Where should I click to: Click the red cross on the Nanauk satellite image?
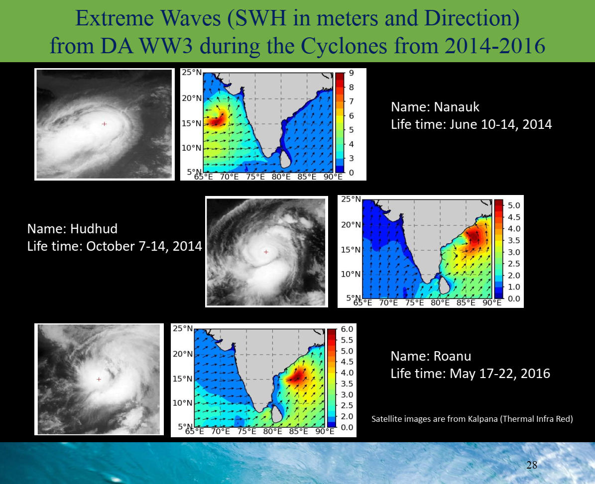[x=105, y=124]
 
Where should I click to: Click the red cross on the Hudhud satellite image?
[x=266, y=252]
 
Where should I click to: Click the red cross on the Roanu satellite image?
[x=99, y=379]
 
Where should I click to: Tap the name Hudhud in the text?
[x=94, y=228]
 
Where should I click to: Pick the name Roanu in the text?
[x=452, y=356]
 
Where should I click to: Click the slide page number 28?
[x=532, y=465]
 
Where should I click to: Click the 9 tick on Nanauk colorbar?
[x=352, y=73]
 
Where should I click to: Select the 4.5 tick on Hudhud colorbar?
[x=514, y=217]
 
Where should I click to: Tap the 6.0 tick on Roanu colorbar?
[x=347, y=329]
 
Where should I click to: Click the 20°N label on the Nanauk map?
[x=192, y=98]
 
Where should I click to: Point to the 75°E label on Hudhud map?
[x=414, y=302]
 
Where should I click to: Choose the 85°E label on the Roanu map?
[x=298, y=431]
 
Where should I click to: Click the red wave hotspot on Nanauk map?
[x=216, y=118]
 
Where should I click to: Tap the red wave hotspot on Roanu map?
[x=298, y=375]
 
